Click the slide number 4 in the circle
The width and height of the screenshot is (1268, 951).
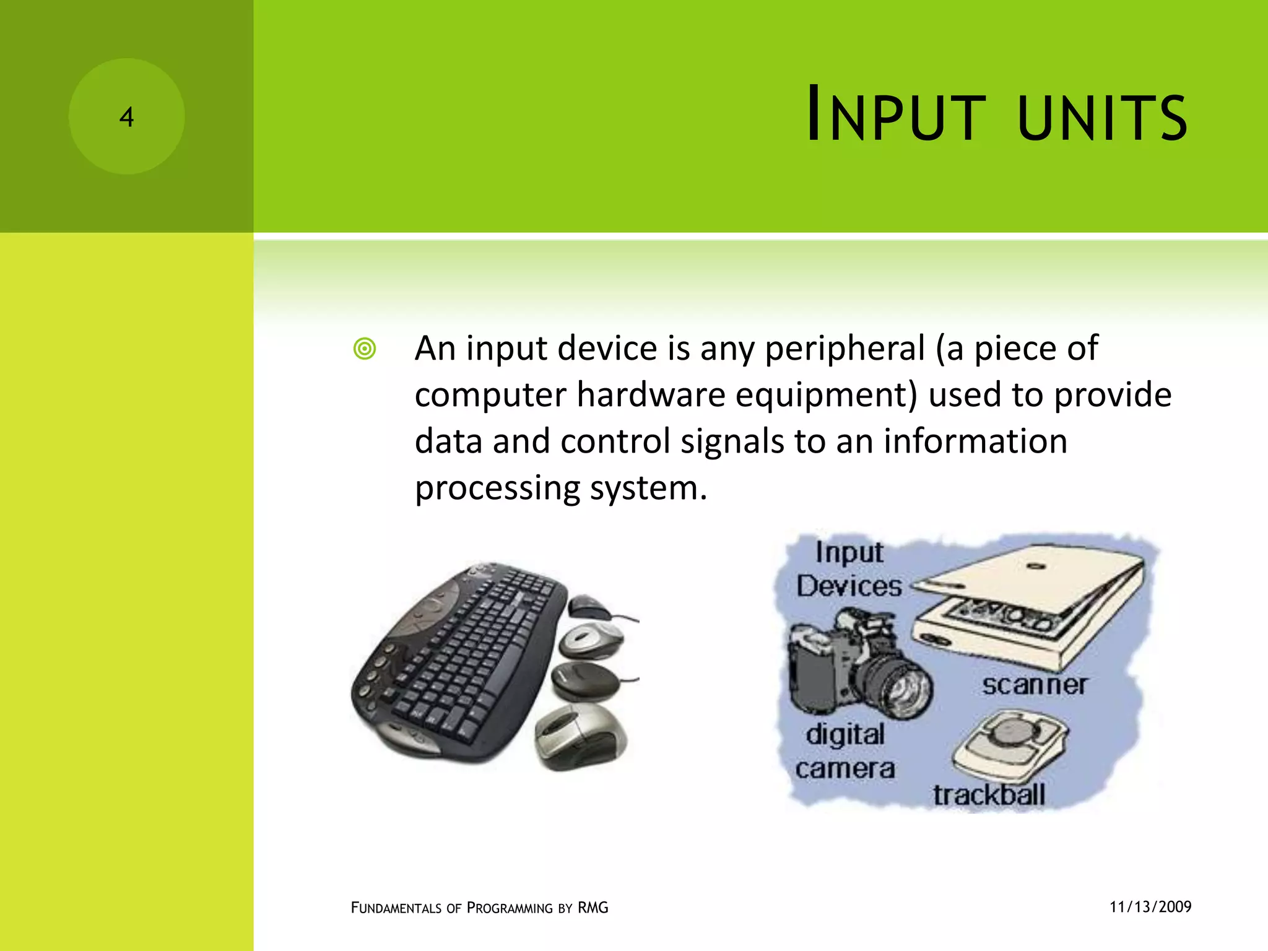[126, 117]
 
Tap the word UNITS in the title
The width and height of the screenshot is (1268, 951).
[1102, 117]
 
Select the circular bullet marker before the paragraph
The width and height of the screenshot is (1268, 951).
[365, 349]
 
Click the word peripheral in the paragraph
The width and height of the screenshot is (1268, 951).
[845, 349]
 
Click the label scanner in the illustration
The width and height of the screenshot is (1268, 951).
[1034, 685]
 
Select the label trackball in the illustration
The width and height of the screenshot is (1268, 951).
[989, 795]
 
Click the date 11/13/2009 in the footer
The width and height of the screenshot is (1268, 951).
[1150, 907]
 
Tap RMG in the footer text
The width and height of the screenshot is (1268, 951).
[593, 908]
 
